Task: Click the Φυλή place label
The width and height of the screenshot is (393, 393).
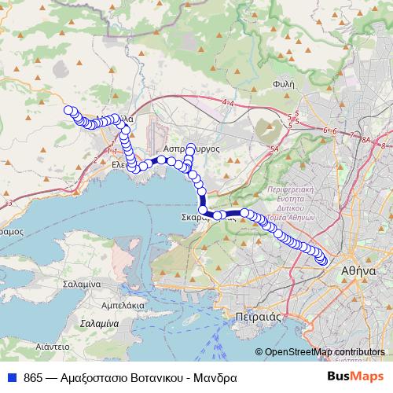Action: coord(284,82)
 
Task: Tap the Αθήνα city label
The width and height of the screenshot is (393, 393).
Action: coord(358,270)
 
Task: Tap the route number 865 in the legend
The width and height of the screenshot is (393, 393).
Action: coord(34,376)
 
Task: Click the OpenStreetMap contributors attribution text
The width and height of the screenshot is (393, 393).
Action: coord(325,352)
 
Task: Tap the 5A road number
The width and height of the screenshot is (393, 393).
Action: coord(274,149)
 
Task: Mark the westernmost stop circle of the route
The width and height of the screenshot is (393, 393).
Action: coord(68,111)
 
